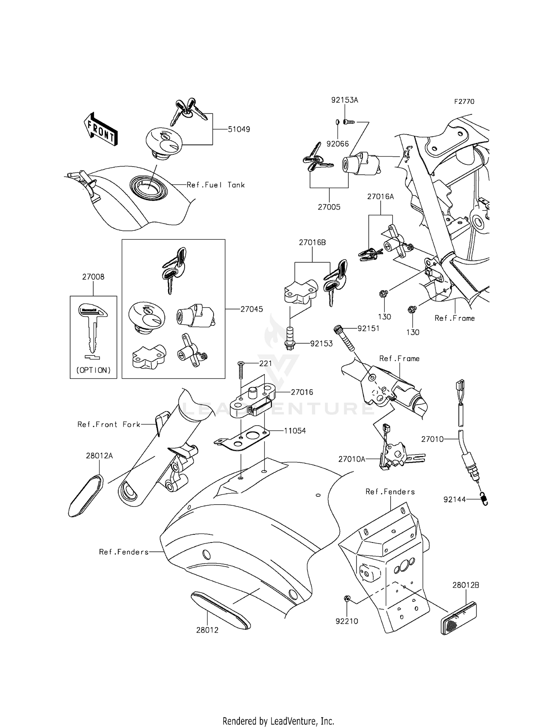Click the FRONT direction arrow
click(x=100, y=129)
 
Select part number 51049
click(x=239, y=129)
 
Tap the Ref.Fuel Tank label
click(x=215, y=185)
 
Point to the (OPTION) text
click(x=93, y=370)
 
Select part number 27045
click(x=251, y=309)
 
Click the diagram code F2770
click(x=464, y=102)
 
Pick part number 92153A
click(x=345, y=100)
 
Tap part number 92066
click(x=338, y=144)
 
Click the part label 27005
click(x=329, y=207)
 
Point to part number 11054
click(x=295, y=431)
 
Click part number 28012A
click(x=99, y=456)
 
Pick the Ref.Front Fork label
click(x=109, y=424)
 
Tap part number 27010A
click(x=352, y=459)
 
